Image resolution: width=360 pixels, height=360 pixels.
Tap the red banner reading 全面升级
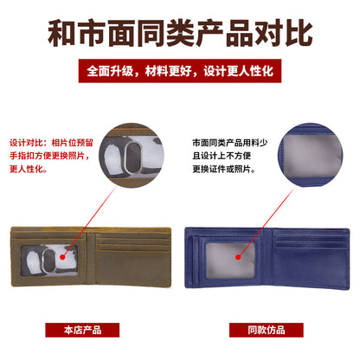coord(180,70)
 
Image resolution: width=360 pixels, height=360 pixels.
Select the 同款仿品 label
coord(267,330)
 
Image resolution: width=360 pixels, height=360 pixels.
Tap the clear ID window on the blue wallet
coord(225,265)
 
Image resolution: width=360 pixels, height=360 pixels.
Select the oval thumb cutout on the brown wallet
coord(61,263)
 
